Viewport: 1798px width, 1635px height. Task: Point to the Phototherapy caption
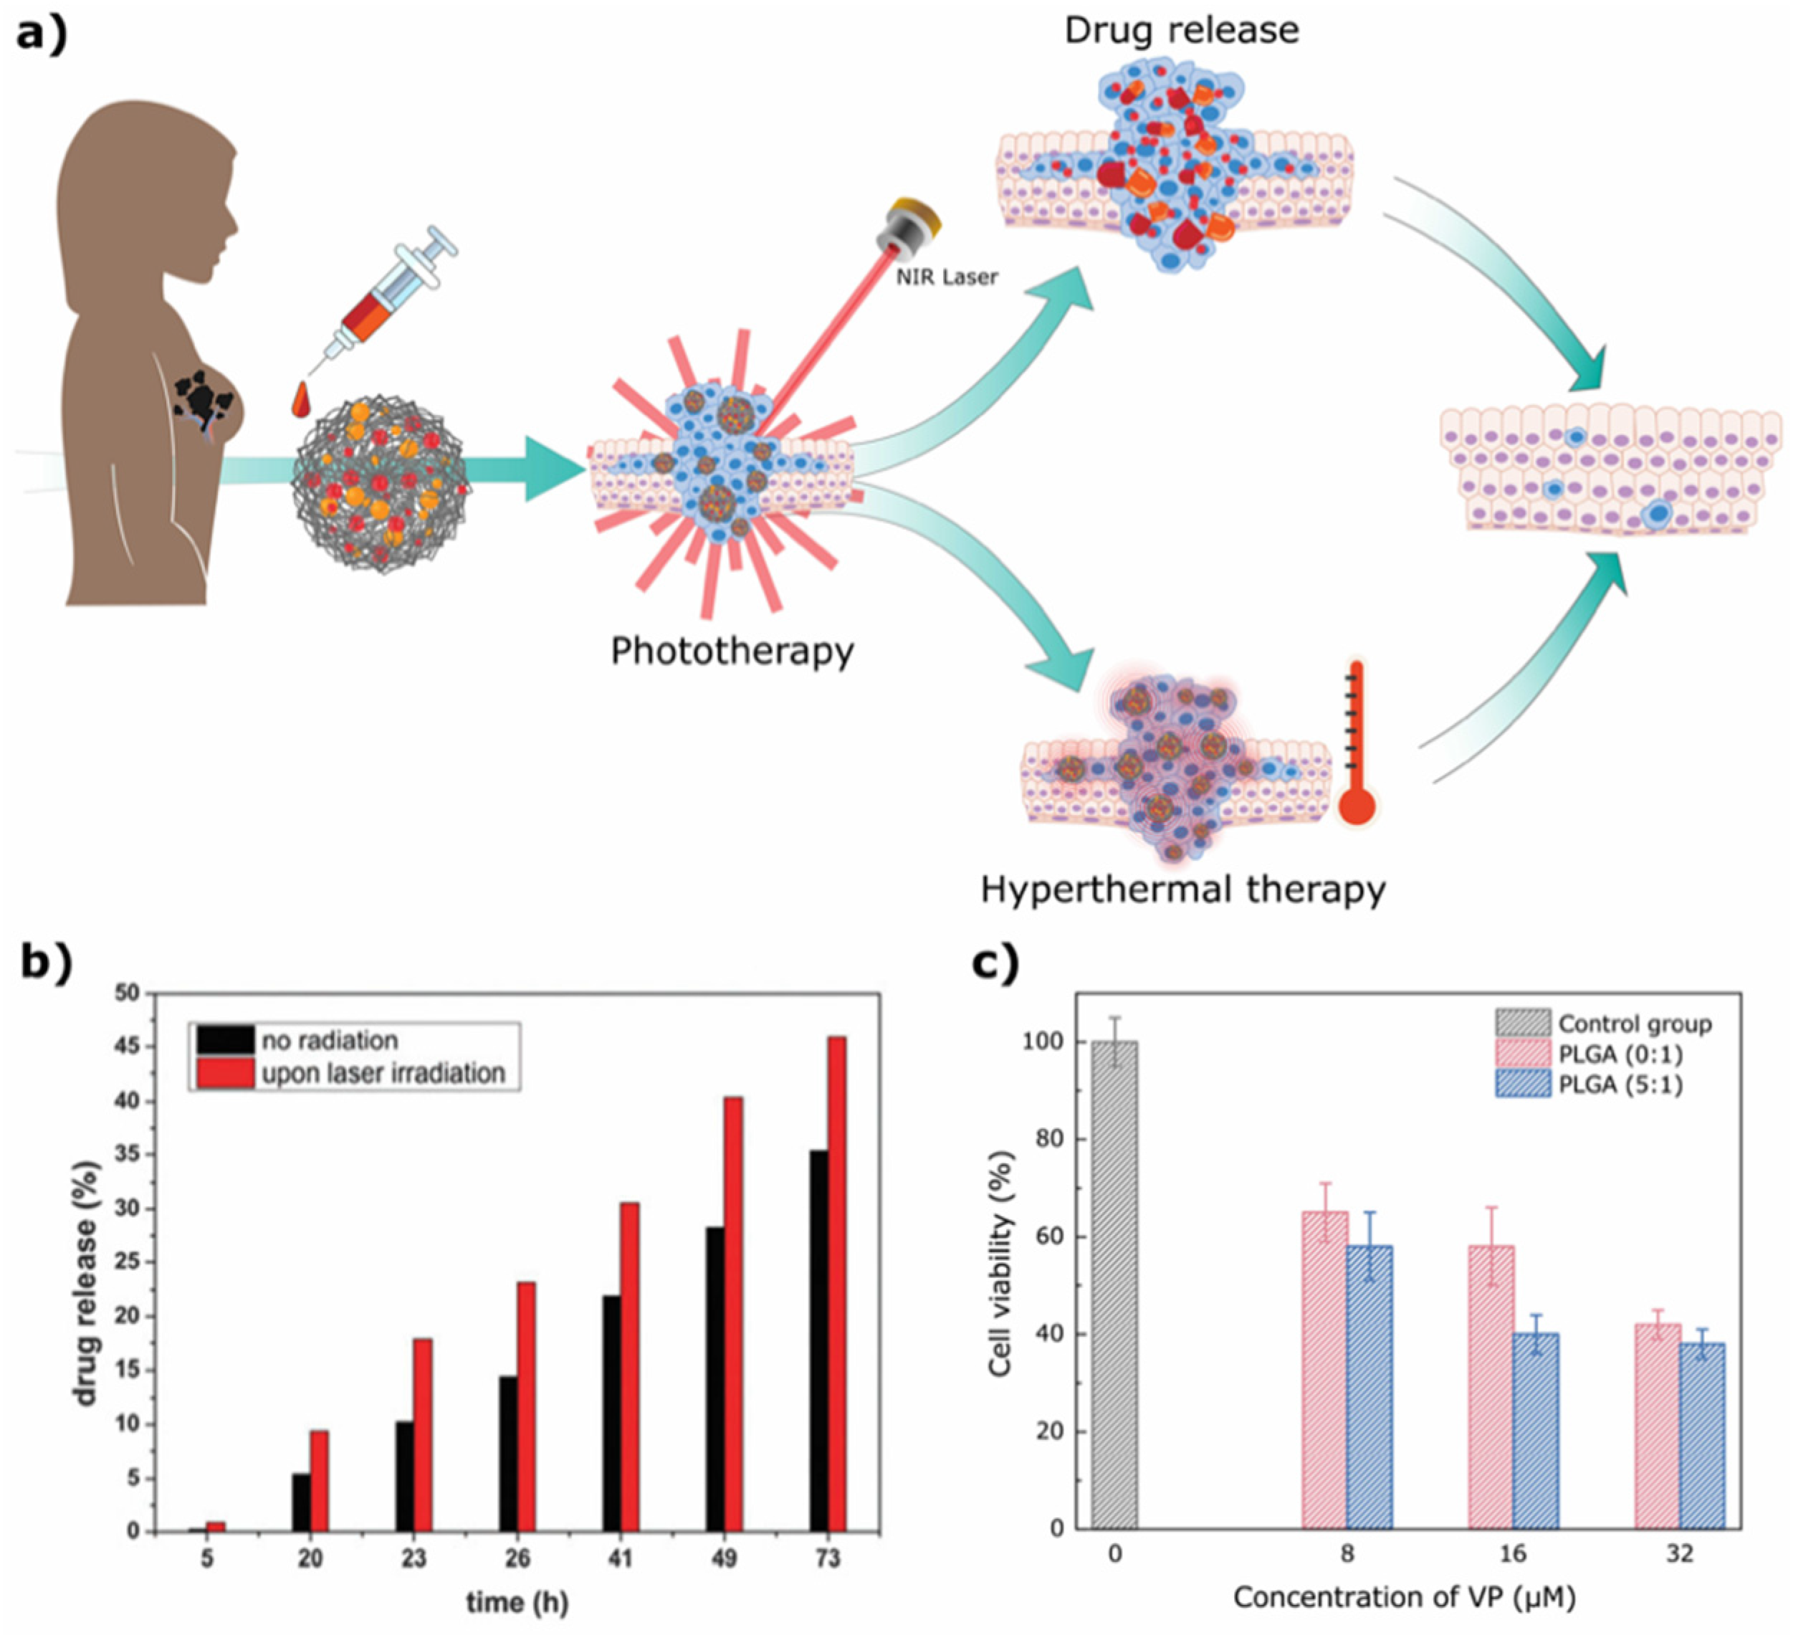coord(732,651)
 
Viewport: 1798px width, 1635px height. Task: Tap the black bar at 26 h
coord(507,1454)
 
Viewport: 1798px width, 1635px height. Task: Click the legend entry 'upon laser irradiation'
coord(383,1073)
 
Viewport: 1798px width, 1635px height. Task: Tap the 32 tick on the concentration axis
coord(1679,1555)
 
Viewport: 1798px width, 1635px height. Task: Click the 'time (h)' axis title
coord(517,1603)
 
